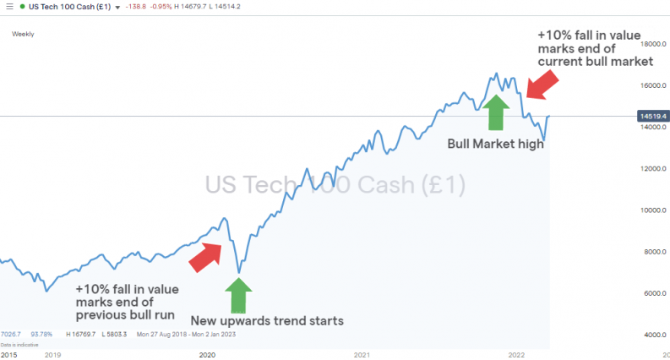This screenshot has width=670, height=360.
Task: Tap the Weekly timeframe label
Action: click(23, 35)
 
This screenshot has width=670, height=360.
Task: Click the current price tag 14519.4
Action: click(653, 116)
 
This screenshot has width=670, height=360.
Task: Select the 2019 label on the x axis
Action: click(52, 355)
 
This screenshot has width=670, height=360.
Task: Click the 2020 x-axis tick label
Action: click(207, 355)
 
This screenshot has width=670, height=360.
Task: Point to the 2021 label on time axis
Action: click(362, 355)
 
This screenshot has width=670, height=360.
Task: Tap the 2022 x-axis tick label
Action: click(518, 355)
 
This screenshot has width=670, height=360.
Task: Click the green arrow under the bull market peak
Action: click(496, 111)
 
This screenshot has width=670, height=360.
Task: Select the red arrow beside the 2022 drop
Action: click(541, 85)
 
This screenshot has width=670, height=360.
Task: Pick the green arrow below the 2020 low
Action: click(239, 295)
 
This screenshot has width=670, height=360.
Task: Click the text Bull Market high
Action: click(495, 144)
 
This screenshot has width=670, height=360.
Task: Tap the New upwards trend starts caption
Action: click(267, 320)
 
